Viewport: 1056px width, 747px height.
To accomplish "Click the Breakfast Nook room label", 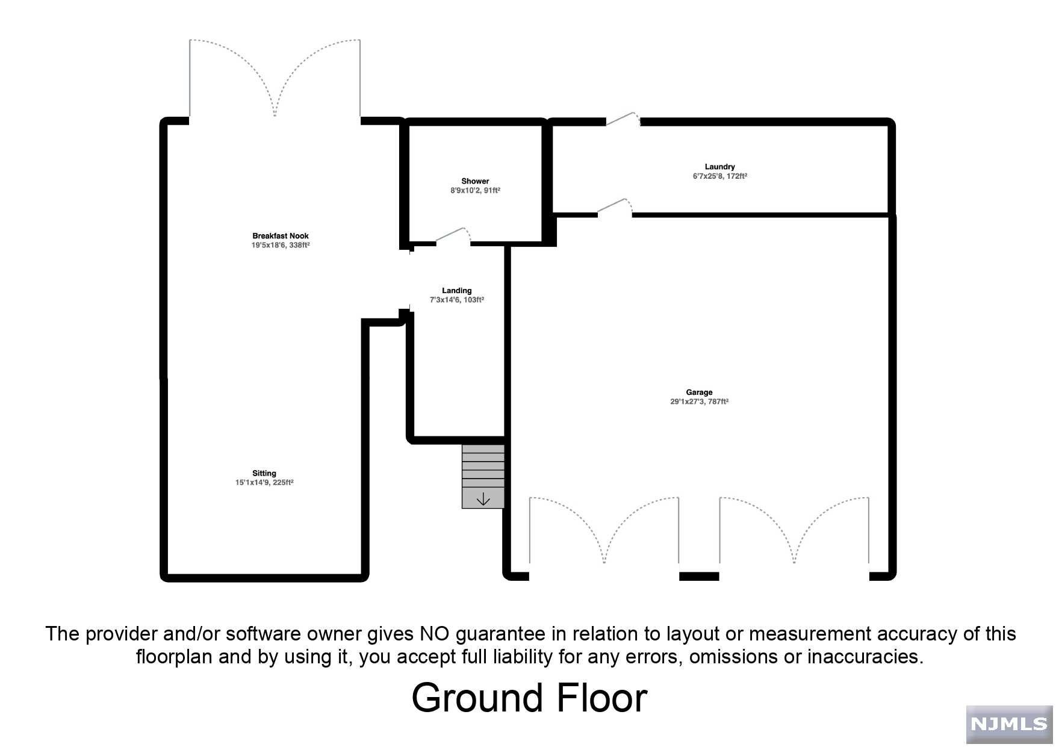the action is pos(281,236).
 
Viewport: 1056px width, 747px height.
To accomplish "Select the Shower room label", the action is pos(475,181).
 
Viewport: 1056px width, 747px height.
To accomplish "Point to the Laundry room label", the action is pos(719,167).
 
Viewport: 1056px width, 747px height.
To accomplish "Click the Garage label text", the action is pos(699,392).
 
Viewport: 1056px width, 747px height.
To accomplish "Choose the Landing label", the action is pos(456,291).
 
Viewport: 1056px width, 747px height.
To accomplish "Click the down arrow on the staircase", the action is pos(483,499).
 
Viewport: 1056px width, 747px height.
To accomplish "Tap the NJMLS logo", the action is pos(1009,724).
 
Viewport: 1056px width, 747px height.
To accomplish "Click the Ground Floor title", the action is pos(529,698).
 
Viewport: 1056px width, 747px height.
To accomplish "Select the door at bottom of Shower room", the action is pos(453,237).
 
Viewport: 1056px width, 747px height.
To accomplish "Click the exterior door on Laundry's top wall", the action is pos(623,119).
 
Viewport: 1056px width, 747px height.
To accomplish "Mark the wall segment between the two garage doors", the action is pos(699,577).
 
